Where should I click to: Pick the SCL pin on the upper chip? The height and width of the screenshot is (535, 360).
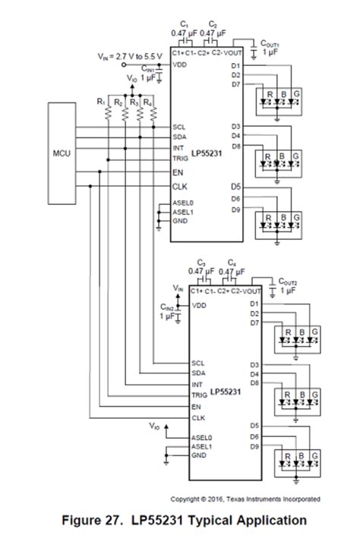179,127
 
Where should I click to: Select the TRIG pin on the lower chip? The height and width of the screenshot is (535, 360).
199,395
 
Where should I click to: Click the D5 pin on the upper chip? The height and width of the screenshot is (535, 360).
236,186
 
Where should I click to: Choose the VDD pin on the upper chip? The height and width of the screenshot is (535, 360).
180,65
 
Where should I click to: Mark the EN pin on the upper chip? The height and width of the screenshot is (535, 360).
178,172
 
